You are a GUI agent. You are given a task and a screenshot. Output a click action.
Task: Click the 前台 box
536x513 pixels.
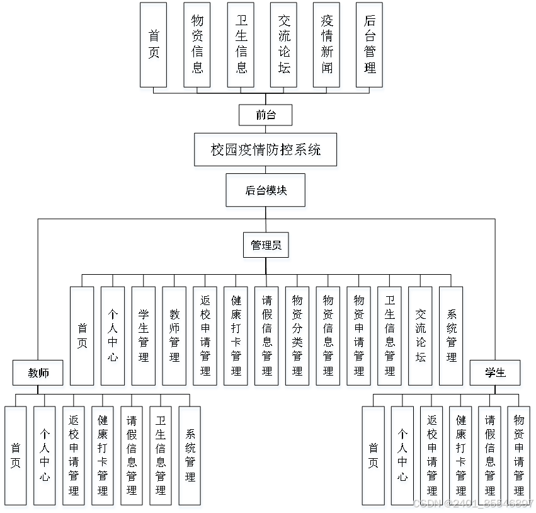pos(265,115)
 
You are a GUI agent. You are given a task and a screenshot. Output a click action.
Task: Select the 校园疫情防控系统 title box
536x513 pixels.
pos(265,150)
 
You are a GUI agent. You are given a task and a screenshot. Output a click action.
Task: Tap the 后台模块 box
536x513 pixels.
pos(265,190)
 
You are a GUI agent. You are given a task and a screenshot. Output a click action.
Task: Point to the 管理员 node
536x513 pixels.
pos(266,245)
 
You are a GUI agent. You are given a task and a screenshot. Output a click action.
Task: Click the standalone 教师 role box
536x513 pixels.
pos(38,372)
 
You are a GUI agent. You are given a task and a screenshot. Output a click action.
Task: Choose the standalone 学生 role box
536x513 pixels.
pos(495,372)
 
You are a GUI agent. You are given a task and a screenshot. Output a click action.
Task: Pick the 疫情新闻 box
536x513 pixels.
pos(326,45)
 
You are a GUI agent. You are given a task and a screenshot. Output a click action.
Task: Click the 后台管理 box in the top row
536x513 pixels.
pos(370,45)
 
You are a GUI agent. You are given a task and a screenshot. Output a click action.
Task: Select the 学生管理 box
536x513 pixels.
pos(144,336)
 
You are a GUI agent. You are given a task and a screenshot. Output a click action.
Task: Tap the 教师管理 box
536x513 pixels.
pos(174,336)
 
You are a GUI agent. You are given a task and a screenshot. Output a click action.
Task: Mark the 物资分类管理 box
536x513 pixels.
pos(297,336)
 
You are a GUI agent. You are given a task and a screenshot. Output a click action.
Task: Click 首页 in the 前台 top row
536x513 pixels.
pos(154,45)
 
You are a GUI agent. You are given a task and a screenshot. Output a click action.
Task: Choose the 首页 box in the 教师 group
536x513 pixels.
pos(15,455)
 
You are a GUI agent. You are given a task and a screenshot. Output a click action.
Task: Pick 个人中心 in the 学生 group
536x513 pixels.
pos(402,455)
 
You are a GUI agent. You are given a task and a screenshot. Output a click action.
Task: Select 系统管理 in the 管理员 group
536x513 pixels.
pos(451,336)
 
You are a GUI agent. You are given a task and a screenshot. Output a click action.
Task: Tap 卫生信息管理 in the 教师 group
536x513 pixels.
pos(161,455)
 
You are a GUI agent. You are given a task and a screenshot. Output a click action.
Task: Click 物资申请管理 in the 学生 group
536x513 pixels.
pos(518,455)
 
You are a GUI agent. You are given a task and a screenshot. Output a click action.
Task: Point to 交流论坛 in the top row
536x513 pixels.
pos(283,45)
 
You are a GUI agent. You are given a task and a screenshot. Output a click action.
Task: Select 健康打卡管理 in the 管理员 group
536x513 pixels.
pos(236,336)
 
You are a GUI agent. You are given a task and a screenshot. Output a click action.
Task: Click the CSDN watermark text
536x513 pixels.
pos(472,504)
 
